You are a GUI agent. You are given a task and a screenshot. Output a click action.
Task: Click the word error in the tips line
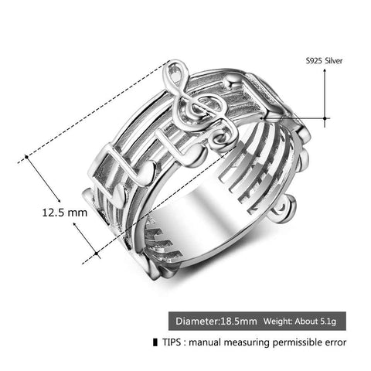(x=332, y=341)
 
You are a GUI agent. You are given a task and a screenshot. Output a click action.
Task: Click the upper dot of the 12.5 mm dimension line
(x=26, y=156)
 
